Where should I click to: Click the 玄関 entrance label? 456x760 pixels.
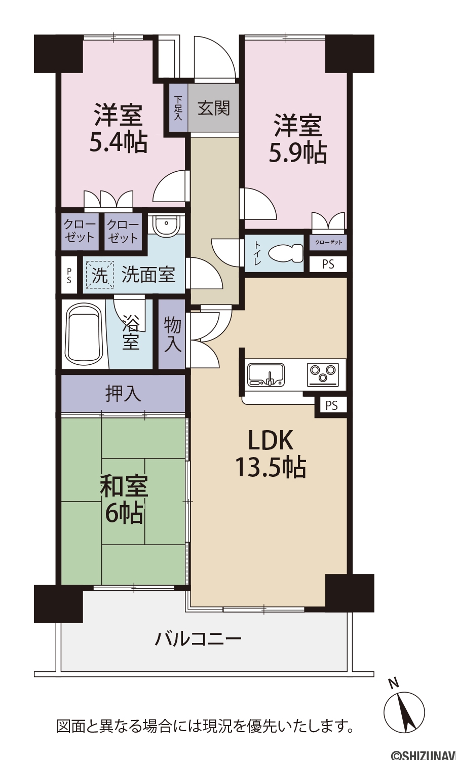pos(214,108)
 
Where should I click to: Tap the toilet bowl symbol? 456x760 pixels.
pos(285,253)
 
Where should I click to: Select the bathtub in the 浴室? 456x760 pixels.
pos(84,334)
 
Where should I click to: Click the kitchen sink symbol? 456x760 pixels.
pos(266,374)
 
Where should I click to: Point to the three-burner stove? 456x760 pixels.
pos(323,374)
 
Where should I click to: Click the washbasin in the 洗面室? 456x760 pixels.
pos(166,225)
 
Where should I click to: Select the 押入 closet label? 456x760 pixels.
pos(123,394)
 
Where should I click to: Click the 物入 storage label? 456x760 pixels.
pos(173,335)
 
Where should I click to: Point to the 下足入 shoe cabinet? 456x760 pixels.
pos(178,108)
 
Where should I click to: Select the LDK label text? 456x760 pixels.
pos(271,440)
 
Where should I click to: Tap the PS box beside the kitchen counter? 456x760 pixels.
pos(331,405)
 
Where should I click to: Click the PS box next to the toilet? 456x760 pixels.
pos(328,264)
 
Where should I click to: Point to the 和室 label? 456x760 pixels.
pos(124,487)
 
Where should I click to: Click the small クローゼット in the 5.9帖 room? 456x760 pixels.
pos(328,242)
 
